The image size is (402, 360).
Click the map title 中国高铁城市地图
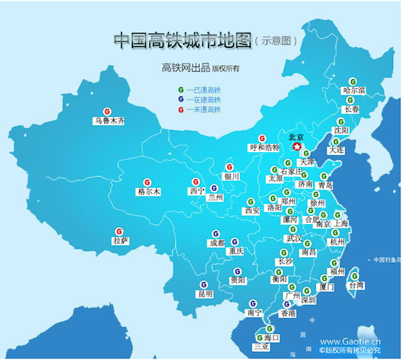183,40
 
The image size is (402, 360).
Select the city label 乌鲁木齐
109,120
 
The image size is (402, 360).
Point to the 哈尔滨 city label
354,91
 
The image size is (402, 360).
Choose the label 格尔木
148,191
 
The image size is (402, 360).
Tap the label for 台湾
356,285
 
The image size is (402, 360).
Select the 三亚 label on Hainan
262,347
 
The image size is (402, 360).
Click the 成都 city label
217,243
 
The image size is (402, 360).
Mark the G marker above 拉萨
117,232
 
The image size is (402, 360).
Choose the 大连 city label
335,149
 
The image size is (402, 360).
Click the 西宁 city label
197,191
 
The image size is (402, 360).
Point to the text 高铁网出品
186,69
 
